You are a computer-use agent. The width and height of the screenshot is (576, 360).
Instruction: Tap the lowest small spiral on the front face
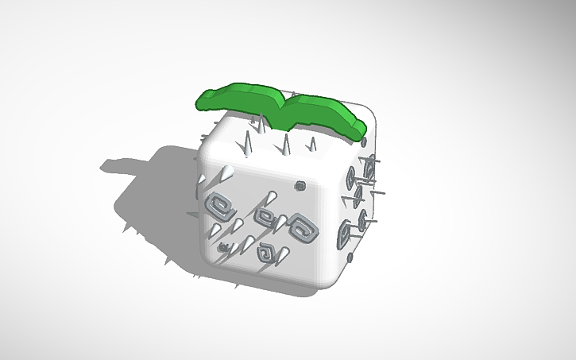pos(266,254)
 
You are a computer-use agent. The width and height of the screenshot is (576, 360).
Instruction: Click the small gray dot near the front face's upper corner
pos(300,186)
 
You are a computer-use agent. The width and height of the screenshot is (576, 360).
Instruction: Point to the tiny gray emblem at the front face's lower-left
pos(225,247)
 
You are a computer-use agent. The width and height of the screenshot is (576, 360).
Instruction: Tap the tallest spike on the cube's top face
pos(247,147)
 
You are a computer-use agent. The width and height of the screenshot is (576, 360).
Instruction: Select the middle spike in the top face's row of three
pos(284,144)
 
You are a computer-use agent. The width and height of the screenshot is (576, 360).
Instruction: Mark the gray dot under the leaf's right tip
pos(363,144)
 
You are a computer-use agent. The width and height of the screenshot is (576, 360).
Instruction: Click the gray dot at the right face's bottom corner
pos(349,257)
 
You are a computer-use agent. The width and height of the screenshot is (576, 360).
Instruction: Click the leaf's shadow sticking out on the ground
pos(119,167)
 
